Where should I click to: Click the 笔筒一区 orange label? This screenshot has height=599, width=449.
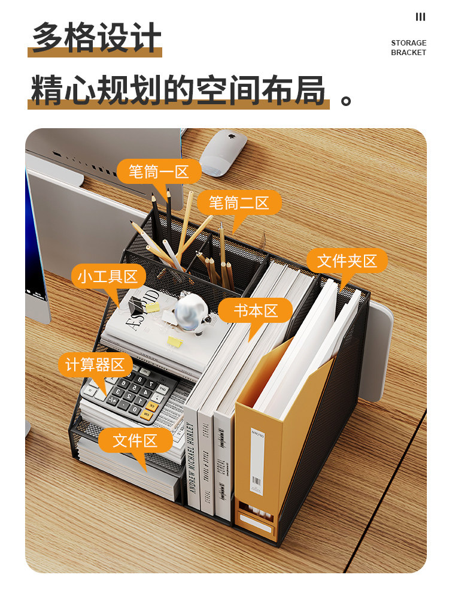[x=158, y=172]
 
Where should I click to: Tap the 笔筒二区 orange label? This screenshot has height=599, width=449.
[x=239, y=203]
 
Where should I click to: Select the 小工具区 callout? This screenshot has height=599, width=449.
[x=108, y=276]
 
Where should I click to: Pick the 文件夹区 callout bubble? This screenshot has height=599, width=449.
[x=347, y=261]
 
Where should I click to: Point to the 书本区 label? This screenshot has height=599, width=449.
[x=255, y=311]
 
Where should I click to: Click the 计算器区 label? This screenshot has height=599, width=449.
[x=95, y=364]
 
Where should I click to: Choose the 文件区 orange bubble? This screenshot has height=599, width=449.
[x=135, y=441]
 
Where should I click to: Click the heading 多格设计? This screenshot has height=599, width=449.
[x=96, y=37]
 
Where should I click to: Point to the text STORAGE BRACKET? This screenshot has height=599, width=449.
[x=408, y=48]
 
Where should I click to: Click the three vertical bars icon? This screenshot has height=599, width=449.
[x=420, y=17]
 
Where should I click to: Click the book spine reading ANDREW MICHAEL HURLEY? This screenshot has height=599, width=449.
[x=192, y=461]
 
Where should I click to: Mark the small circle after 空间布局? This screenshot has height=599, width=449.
[x=346, y=99]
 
